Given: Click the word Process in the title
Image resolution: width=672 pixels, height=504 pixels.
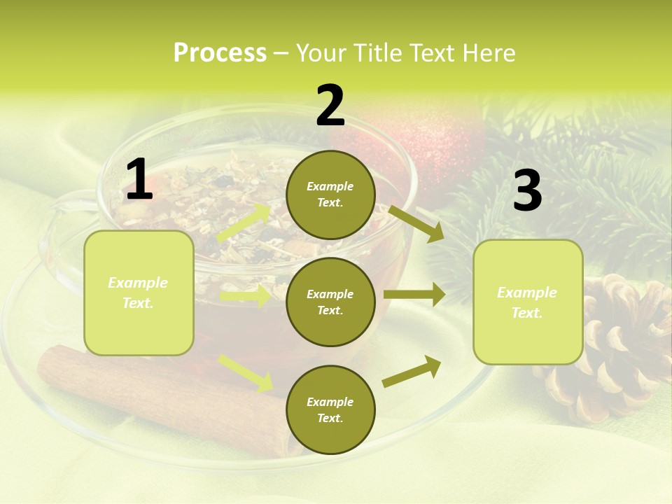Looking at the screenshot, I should [x=220, y=53].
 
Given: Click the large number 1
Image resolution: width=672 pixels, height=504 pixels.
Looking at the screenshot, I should [x=139, y=180].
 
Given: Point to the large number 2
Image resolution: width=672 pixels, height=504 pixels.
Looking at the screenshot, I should [x=330, y=106].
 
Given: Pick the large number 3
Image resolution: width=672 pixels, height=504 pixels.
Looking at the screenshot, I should [x=527, y=191].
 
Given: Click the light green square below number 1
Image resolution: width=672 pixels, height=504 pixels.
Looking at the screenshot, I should [x=139, y=293].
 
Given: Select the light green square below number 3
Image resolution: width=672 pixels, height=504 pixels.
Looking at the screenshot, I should [x=528, y=302].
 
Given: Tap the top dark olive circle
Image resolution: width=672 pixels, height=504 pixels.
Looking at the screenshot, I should [x=330, y=195].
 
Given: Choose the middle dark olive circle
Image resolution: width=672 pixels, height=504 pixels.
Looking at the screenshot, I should [x=330, y=302].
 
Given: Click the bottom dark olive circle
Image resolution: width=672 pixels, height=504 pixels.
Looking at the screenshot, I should [x=330, y=409].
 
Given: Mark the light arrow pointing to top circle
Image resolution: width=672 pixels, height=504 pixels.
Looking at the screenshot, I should [x=244, y=223].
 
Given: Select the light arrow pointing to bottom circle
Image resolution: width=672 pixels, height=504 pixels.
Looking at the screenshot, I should [x=246, y=372].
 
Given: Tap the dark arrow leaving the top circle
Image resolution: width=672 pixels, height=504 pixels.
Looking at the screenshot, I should [x=416, y=223].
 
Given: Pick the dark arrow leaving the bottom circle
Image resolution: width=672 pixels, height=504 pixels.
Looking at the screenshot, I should [x=412, y=371].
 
